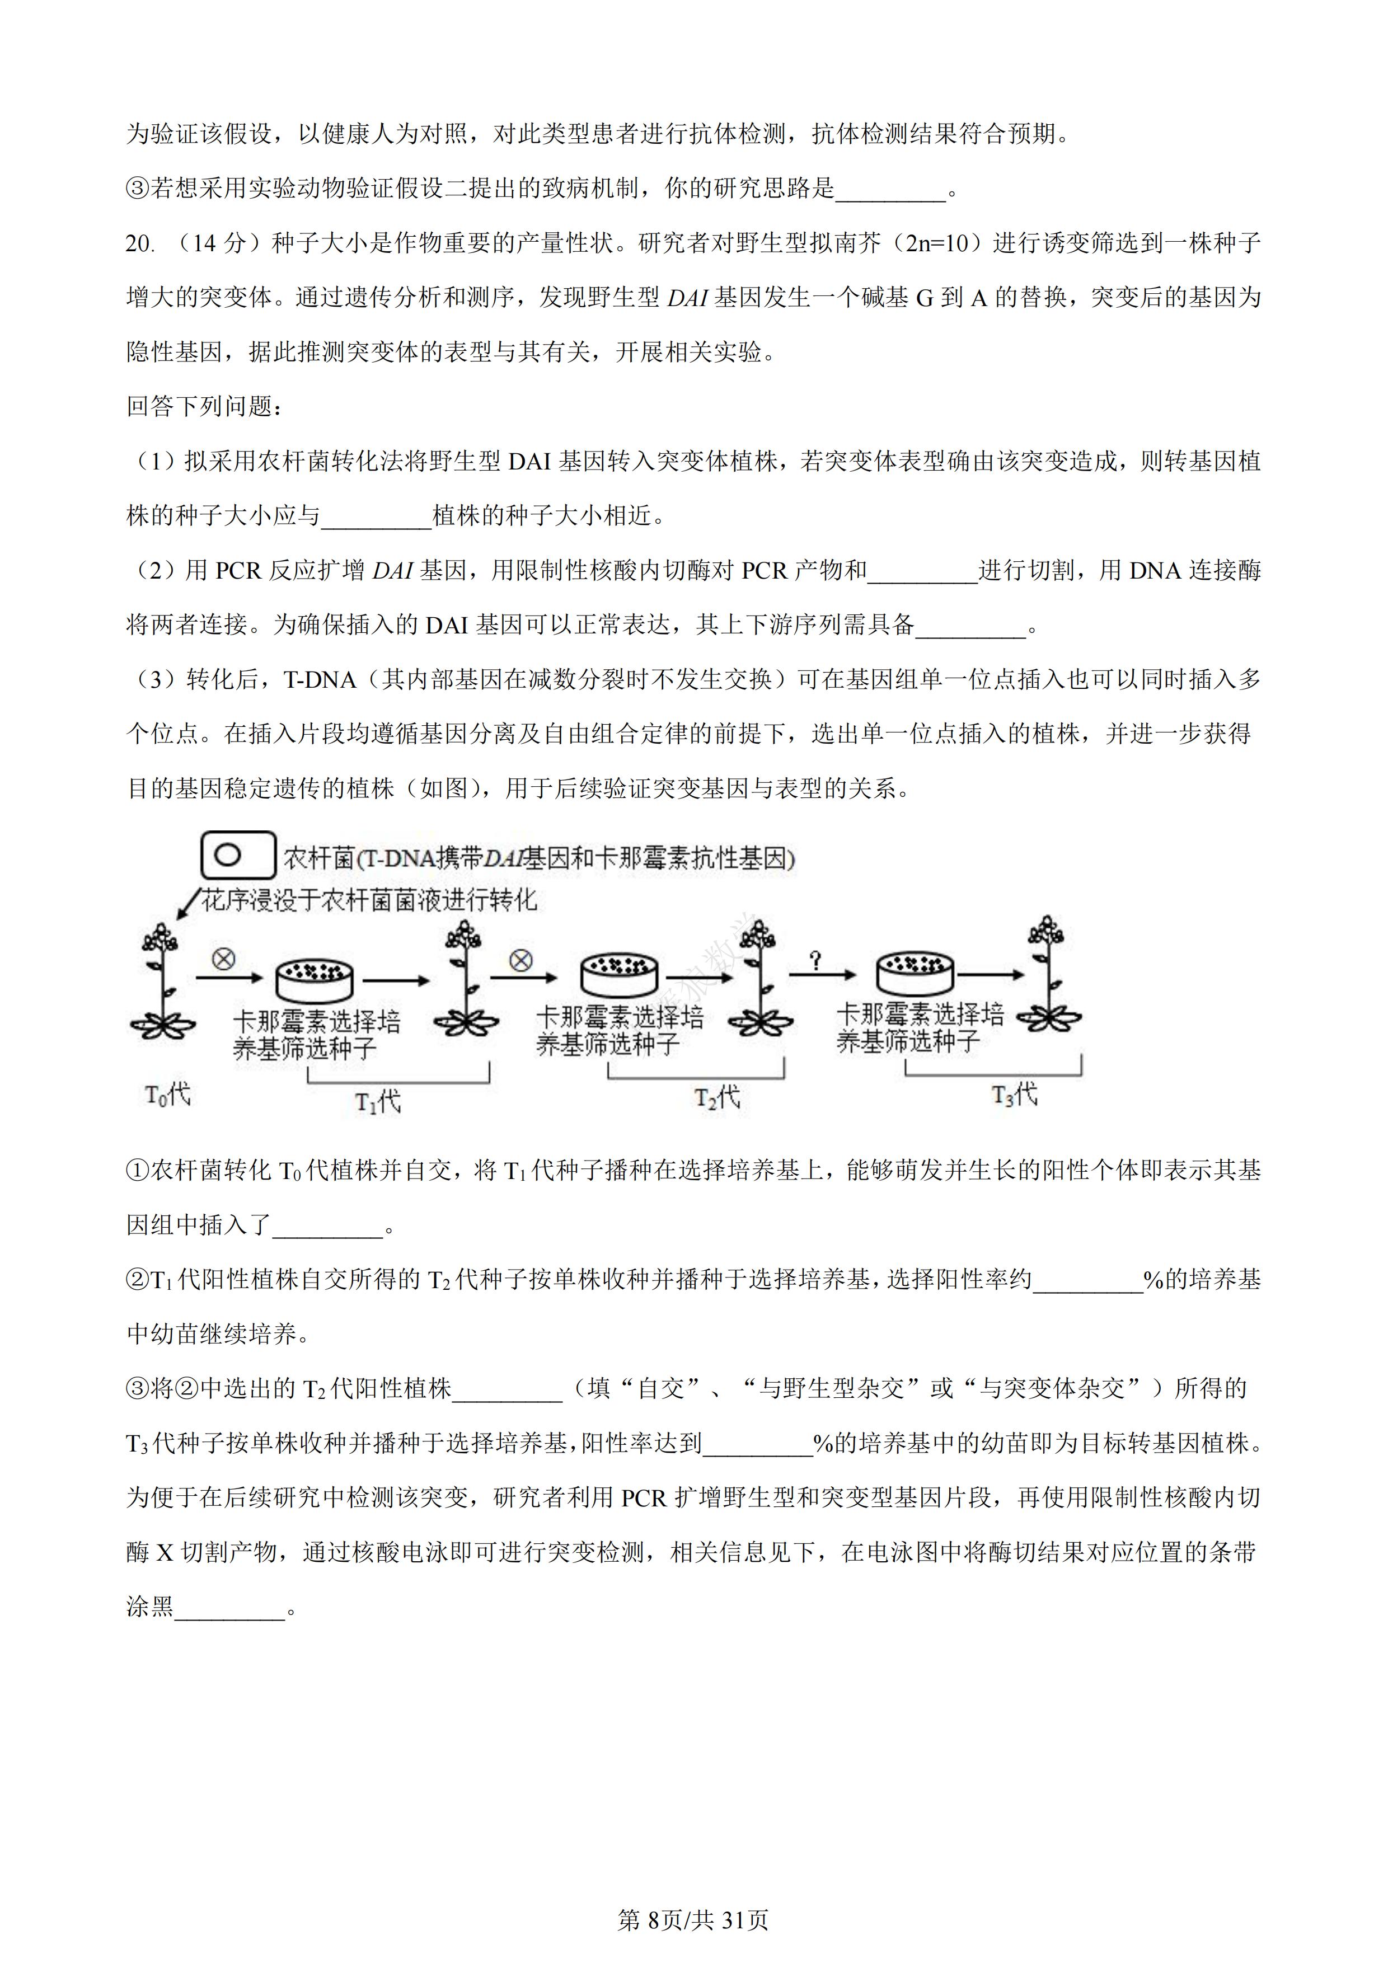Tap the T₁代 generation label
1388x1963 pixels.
378,1101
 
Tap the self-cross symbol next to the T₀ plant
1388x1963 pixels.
223,959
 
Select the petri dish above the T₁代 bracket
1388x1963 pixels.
315,979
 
